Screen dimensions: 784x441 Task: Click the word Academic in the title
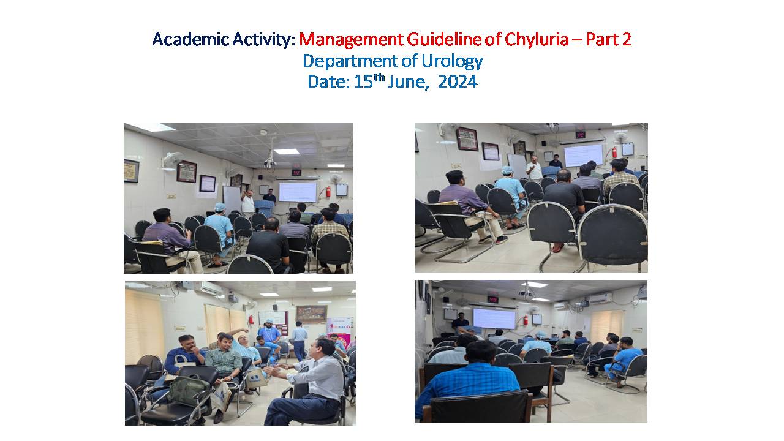pos(190,39)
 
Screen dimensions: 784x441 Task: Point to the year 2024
pos(458,82)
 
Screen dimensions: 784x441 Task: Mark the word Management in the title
pos(351,40)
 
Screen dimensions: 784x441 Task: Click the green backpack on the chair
pos(189,391)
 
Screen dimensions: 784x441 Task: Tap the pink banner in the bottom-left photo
pos(339,333)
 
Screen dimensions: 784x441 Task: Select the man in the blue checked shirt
pos(467,380)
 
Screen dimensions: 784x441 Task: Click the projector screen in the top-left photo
pos(298,192)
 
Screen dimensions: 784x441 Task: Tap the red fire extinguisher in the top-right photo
pos(614,153)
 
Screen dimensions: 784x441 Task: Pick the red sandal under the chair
pos(558,247)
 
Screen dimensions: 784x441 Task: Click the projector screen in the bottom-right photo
pos(494,318)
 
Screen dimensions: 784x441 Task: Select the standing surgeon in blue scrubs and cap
pos(268,331)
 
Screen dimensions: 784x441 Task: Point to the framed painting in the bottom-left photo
pos(311,314)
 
